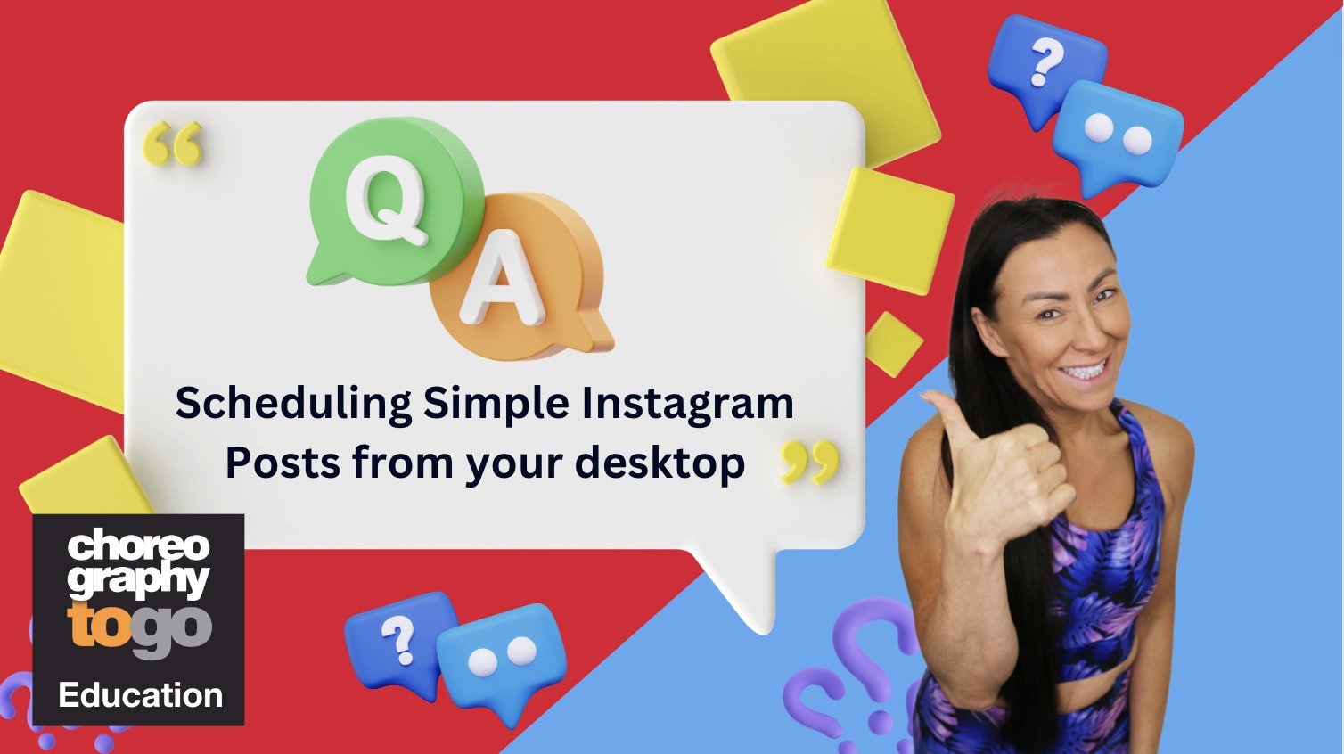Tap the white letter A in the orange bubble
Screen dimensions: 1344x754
pyautogui.click(x=503, y=278)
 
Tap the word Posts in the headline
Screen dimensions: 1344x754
pyautogui.click(x=283, y=463)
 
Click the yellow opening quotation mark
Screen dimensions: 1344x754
pyautogui.click(x=173, y=143)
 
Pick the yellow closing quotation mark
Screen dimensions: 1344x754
pyautogui.click(x=809, y=463)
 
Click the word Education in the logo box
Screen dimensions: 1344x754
pyautogui.click(x=141, y=695)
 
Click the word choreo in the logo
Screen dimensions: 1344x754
pyautogui.click(x=139, y=545)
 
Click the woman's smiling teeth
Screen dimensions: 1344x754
pyautogui.click(x=1085, y=370)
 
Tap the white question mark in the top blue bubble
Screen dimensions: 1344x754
pyautogui.click(x=1046, y=61)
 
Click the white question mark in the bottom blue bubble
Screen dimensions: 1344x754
pyautogui.click(x=399, y=639)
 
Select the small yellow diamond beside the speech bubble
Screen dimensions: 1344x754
pyautogui.click(x=894, y=344)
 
